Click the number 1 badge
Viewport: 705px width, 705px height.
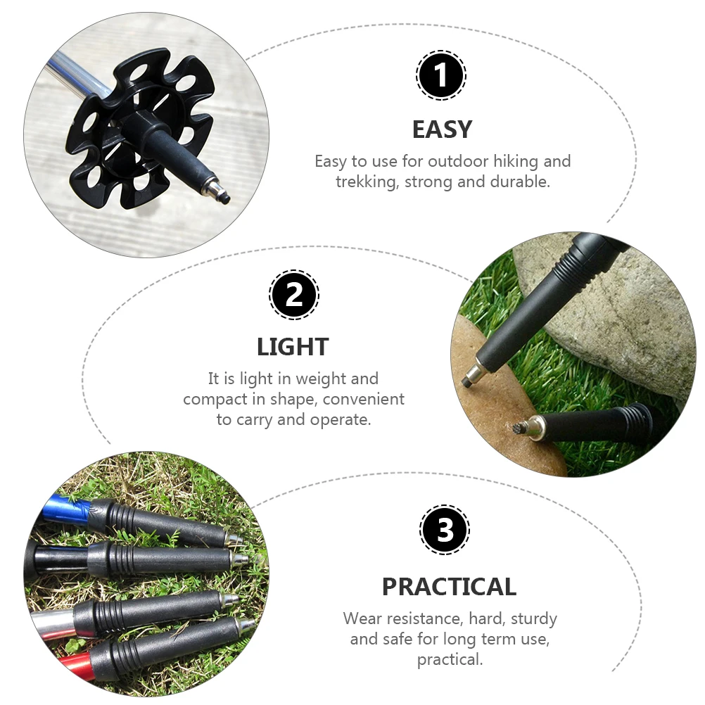[x=441, y=75]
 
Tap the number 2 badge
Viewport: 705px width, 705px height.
[x=294, y=295]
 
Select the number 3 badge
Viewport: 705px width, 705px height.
[x=445, y=530]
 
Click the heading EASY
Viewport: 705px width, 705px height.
[x=442, y=129]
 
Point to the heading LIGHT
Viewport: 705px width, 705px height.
[x=293, y=347]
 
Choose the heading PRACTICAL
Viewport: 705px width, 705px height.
[x=449, y=586]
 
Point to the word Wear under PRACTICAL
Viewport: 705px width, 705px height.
[x=363, y=619]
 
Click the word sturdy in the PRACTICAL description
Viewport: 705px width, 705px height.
[x=534, y=619]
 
